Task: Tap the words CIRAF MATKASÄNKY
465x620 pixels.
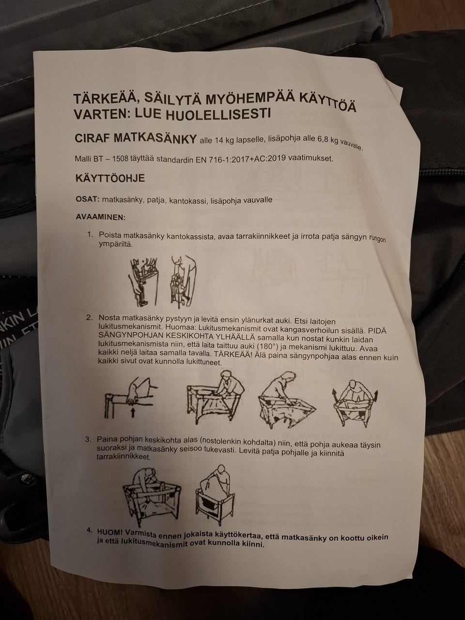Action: (136, 138)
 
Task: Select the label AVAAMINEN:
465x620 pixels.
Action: (100, 217)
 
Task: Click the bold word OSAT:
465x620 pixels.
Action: (87, 200)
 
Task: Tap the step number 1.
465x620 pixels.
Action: (90, 234)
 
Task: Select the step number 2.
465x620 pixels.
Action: (89, 317)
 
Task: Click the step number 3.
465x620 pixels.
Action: (88, 439)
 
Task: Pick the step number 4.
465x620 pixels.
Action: (88, 529)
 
